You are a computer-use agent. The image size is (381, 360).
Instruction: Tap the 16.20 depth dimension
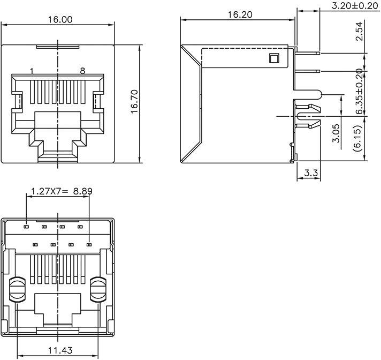pos(239,16)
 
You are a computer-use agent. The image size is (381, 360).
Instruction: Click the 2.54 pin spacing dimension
pos(360,32)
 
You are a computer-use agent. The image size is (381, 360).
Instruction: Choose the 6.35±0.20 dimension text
pos(360,92)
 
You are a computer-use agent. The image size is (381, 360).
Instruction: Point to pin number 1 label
pos(32,71)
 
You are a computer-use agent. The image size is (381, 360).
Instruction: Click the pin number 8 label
pos(82,71)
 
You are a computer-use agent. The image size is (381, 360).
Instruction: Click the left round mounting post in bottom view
pos(18,289)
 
